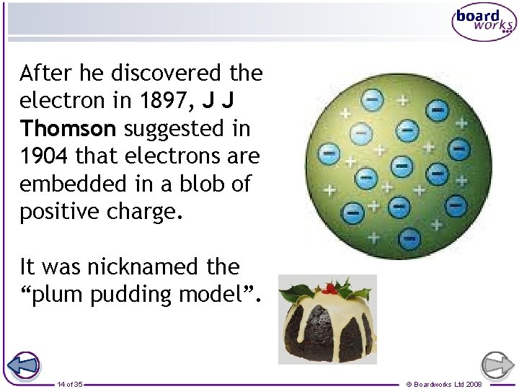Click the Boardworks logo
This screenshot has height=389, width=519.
[x=484, y=23]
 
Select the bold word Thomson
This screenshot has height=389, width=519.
[x=68, y=128]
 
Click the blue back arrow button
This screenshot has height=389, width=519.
[x=25, y=366]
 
